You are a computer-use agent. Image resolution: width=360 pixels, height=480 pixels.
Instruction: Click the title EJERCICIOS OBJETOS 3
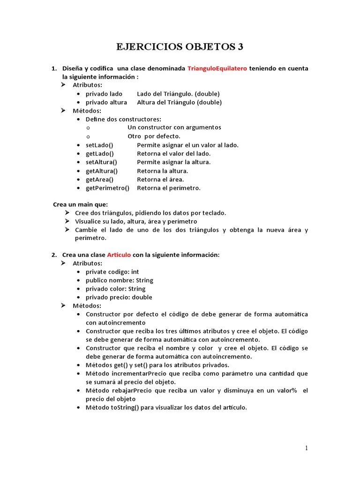(180, 47)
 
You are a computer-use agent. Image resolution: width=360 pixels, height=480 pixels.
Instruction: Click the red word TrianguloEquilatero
(217, 68)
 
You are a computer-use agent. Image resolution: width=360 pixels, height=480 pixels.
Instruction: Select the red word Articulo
(119, 255)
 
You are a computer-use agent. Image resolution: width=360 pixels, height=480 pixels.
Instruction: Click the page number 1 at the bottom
(307, 448)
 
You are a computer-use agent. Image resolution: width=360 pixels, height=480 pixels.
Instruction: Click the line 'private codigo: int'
(112, 272)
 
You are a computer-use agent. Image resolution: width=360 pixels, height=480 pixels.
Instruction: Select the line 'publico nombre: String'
(119, 280)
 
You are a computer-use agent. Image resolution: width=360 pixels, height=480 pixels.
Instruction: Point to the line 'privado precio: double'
(119, 297)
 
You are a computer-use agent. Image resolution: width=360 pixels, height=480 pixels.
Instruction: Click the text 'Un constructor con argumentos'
(174, 127)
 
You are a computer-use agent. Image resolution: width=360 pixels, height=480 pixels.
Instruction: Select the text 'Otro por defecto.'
(154, 136)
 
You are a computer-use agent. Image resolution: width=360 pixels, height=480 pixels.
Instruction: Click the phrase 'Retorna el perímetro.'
(168, 188)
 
